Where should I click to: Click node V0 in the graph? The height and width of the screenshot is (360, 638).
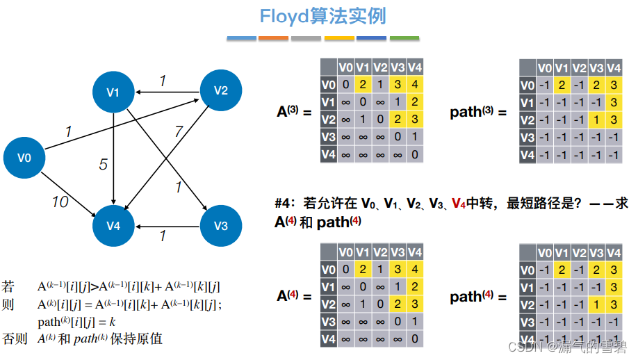(x=24, y=158)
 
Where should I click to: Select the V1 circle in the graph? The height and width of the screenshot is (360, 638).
(x=113, y=92)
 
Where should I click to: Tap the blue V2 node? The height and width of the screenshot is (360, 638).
(x=220, y=90)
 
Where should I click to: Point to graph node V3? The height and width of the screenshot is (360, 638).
(x=220, y=225)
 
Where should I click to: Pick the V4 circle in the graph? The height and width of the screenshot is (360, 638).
(x=113, y=226)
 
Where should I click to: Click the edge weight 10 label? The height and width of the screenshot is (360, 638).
(x=60, y=202)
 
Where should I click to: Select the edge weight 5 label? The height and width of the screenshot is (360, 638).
(x=103, y=165)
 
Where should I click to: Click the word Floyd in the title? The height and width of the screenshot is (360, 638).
(x=284, y=16)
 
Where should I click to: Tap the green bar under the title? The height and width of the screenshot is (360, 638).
(x=404, y=38)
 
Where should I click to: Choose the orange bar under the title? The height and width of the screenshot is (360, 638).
(x=273, y=38)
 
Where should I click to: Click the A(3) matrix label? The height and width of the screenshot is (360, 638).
(x=293, y=112)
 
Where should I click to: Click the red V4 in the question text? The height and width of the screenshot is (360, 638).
(x=458, y=204)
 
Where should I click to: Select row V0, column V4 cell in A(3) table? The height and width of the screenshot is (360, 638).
(x=414, y=85)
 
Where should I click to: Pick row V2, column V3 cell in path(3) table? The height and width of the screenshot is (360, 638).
(x=596, y=120)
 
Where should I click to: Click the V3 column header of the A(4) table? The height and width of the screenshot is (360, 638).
(x=397, y=252)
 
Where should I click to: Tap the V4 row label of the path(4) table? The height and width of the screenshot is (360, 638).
(x=527, y=340)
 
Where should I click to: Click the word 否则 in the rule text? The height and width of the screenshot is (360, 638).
(x=15, y=338)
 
